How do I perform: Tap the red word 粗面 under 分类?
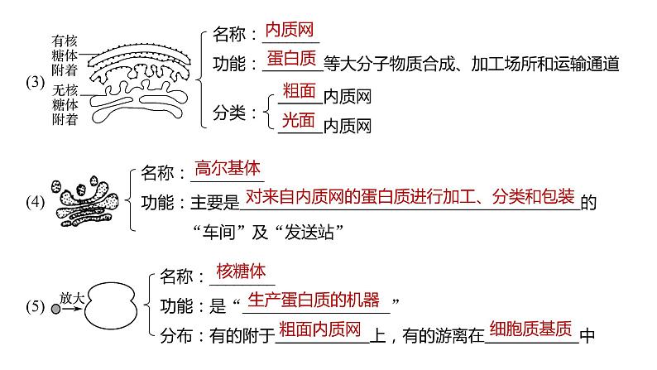(x=299, y=92)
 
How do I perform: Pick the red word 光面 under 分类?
(x=299, y=121)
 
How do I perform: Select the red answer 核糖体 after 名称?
(x=239, y=272)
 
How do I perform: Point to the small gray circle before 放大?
(x=55, y=308)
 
